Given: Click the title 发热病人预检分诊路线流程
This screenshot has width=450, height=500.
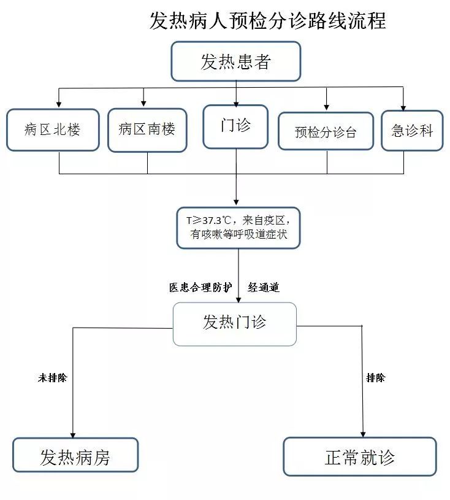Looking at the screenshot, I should point(267,20).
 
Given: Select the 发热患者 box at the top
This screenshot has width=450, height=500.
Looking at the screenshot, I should point(235,61).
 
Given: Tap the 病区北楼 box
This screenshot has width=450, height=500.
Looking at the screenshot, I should point(53,129).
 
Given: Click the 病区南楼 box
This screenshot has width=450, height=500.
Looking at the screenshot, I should point(147,129).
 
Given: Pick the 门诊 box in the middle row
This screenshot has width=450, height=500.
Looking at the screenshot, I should point(236,126).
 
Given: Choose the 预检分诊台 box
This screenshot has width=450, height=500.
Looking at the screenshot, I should point(326,131).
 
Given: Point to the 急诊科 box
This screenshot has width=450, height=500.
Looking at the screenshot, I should point(411,130).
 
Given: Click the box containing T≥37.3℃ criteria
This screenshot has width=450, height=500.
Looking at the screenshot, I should point(238,228).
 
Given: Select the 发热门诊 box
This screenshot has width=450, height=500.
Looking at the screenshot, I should point(235,323).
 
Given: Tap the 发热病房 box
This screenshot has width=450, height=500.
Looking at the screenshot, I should point(75,455).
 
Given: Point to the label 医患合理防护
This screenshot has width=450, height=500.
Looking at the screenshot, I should point(200,287).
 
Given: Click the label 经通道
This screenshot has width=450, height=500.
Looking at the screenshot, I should point(264,287).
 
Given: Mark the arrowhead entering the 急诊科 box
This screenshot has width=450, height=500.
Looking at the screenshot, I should point(403,106).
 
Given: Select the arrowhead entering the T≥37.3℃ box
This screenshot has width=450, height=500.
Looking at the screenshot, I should point(236,202).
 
